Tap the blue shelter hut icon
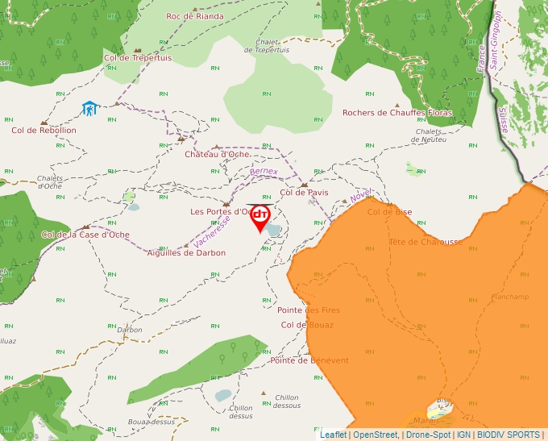click(89, 108)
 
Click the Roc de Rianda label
click(194, 16)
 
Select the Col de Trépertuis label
click(138, 57)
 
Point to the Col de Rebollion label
click(44, 130)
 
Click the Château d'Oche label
click(217, 154)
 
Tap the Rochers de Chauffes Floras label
click(397, 113)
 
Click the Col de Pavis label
click(304, 193)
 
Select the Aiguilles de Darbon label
click(186, 252)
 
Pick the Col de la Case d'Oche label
click(85, 235)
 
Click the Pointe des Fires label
click(309, 310)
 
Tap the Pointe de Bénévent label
click(309, 360)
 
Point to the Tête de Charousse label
click(426, 242)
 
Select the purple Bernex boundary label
click(264, 172)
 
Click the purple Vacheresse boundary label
click(212, 231)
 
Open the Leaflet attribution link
click(333, 435)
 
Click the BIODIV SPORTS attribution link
click(508, 435)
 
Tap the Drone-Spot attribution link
click(428, 435)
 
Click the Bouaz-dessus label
click(151, 421)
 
